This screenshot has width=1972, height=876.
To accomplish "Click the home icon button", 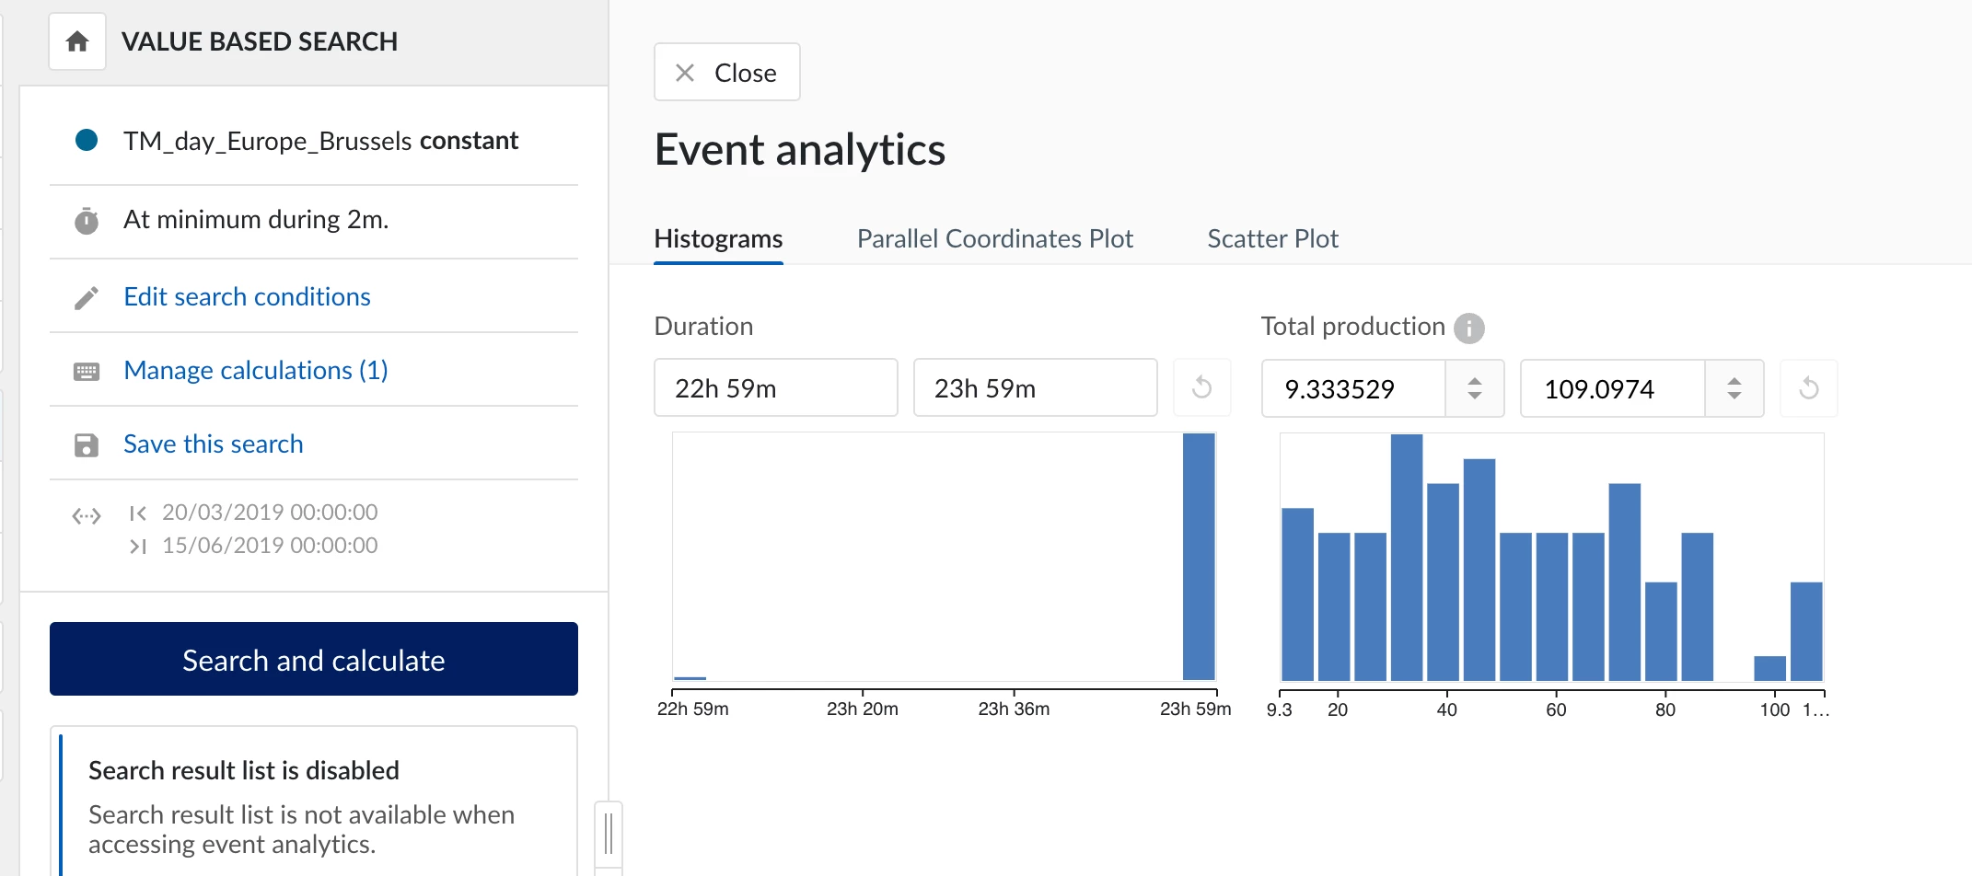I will (77, 41).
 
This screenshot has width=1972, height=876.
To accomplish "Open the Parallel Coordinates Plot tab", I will (994, 239).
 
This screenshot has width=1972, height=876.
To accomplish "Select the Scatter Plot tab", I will (1272, 239).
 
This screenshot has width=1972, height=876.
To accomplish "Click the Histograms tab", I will (718, 239).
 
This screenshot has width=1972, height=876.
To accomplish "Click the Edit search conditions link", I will (247, 296).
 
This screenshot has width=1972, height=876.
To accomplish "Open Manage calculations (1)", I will (255, 370).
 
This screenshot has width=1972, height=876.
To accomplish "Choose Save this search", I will (213, 444).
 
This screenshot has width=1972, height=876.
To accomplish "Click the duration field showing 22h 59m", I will (775, 388).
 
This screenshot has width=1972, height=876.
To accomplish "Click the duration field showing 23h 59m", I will (1035, 388).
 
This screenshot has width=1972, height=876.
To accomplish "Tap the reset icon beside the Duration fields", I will (1201, 387).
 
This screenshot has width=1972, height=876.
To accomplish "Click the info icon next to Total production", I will (1468, 328).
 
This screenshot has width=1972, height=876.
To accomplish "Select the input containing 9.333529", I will (1351, 389).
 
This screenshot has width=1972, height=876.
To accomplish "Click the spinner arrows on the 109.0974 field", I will (1734, 388).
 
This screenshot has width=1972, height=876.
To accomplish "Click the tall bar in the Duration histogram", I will (1199, 557).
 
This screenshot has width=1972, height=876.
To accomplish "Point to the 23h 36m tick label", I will (1014, 709).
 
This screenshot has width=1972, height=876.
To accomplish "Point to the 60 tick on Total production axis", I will (1556, 709).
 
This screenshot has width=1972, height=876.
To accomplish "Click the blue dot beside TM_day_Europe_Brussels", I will (87, 140).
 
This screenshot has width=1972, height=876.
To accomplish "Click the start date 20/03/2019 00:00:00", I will (270, 512).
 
